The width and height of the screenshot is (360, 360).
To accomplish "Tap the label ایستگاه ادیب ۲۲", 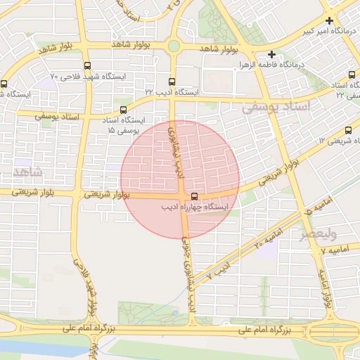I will tap(172, 92).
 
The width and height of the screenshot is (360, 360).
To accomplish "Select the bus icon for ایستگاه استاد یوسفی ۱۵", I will tap(124, 110).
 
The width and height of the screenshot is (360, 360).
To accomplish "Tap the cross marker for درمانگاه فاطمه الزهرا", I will tap(271, 54).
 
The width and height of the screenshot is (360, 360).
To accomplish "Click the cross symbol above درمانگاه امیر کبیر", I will tap(329, 21).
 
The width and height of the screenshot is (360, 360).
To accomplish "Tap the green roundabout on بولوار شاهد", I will tap(173, 46).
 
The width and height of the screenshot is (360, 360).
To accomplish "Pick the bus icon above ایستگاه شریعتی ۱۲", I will tap(349, 130).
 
